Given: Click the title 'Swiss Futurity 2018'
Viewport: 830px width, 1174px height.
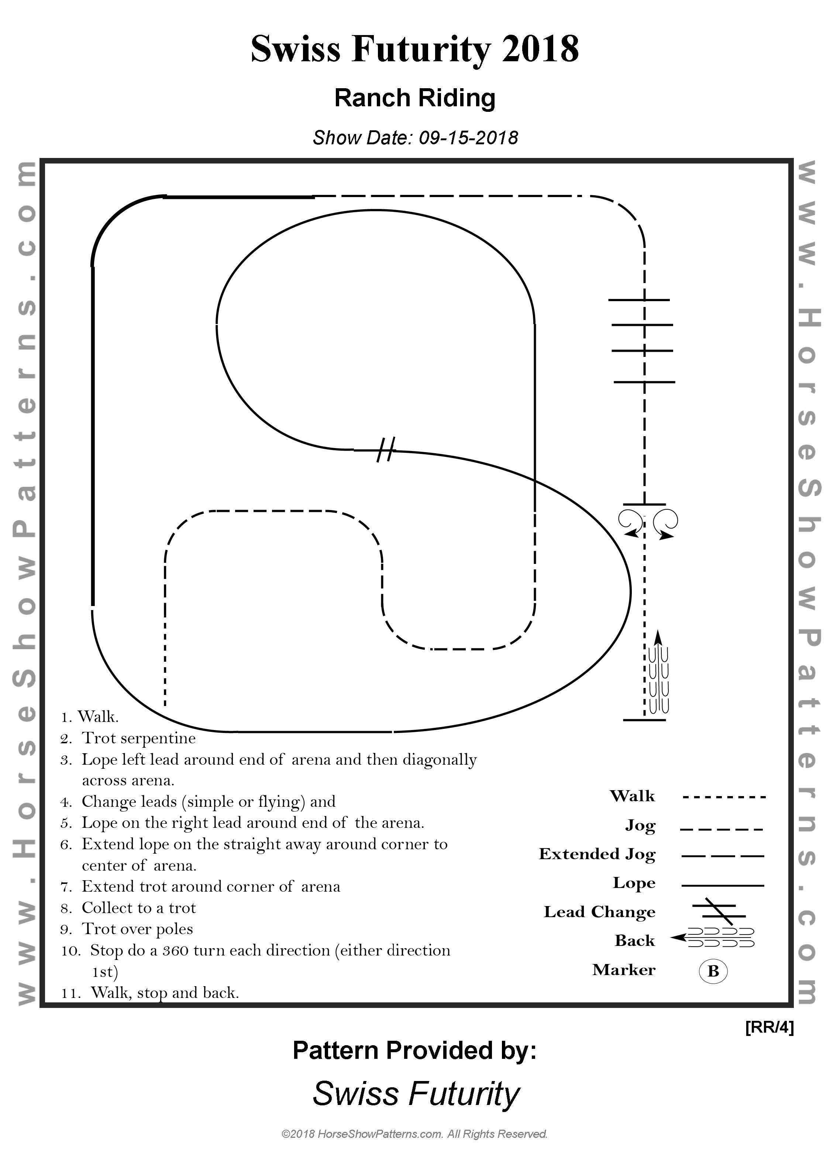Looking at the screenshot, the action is [415, 49].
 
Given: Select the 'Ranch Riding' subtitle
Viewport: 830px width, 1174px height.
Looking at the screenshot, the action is [415, 98].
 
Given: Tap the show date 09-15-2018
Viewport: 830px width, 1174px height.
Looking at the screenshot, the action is [468, 138].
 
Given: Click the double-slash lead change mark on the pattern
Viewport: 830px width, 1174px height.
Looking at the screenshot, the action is [386, 450].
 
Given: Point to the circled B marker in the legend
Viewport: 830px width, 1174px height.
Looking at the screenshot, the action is [713, 971].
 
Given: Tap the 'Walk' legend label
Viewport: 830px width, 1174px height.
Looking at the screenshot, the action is [632, 796].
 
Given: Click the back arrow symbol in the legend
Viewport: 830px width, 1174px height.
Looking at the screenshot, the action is [712, 938].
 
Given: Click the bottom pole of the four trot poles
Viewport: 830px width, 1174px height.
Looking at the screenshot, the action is [644, 382].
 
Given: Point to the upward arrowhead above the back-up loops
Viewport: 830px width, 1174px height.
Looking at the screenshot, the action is [658, 637].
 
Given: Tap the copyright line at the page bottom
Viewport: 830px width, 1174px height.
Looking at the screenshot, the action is [415, 1149].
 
